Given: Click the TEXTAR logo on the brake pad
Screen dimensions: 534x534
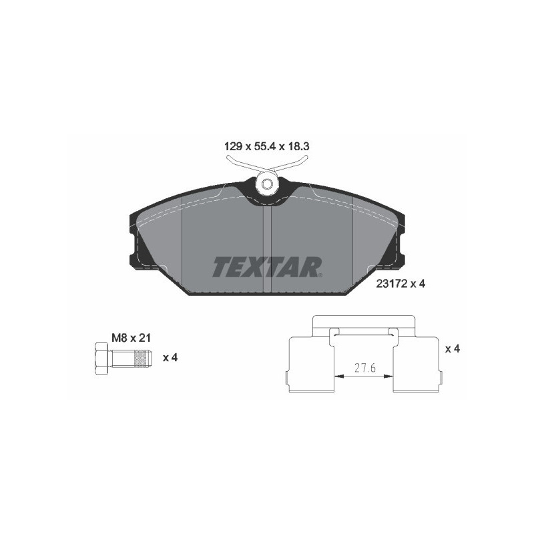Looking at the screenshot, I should [267, 266].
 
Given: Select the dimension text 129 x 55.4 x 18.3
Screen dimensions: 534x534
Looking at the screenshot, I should [267, 144].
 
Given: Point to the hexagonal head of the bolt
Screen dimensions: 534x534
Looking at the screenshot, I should [101, 358].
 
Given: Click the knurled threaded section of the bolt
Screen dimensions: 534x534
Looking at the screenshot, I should [138, 358].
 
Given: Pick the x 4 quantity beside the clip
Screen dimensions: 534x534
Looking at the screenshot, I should [453, 349].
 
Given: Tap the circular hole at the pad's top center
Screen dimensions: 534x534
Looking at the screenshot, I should [267, 184].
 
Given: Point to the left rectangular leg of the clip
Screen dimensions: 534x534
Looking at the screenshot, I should [310, 364].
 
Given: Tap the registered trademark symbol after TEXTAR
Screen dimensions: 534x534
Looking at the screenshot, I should [320, 274].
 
